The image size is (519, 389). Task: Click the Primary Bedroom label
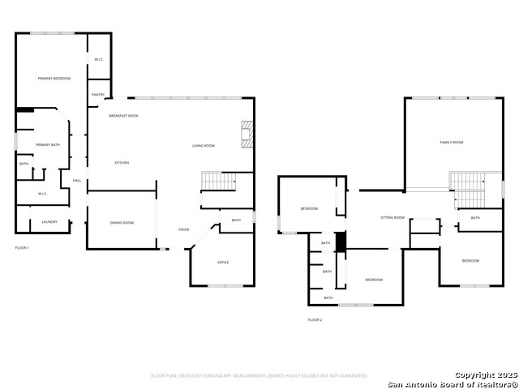coord(54,79)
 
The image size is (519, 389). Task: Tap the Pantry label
coord(97,95)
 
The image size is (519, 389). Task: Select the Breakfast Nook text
coord(124,116)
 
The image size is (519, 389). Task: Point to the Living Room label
coord(204,146)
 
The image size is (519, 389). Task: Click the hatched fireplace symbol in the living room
coord(247,134)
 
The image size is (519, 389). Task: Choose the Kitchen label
coord(122,163)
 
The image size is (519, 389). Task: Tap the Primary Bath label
coord(48,145)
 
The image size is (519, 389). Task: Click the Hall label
coord(77,181)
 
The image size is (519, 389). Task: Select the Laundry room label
coord(49,221)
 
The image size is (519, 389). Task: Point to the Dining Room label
coord(122,223)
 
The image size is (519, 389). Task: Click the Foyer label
coord(184,230)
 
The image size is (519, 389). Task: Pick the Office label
coord(223,263)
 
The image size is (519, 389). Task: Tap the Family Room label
coord(452,143)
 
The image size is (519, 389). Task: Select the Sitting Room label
coord(393,218)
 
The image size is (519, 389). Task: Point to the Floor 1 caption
coord(22,247)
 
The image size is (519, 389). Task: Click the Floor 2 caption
coord(315,320)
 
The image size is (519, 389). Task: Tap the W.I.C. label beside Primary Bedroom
coord(98,60)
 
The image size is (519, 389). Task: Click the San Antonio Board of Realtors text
coord(453,383)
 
